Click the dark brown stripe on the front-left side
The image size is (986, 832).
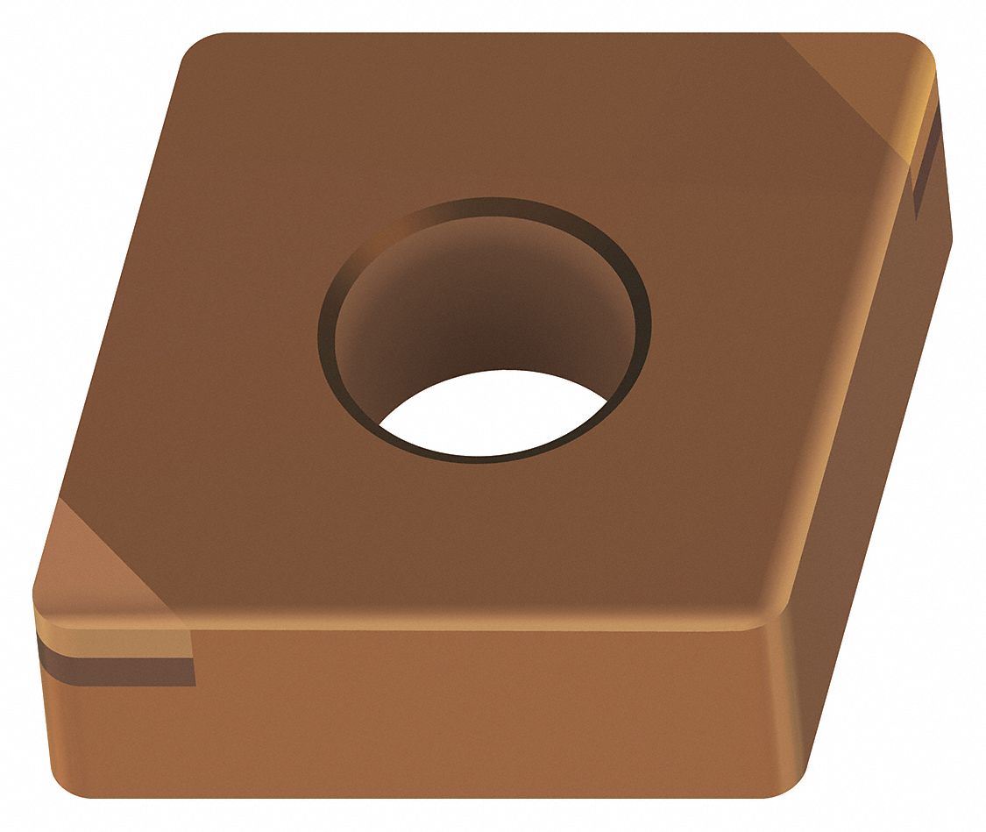click(x=114, y=671)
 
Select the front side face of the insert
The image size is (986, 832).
click(x=438, y=710)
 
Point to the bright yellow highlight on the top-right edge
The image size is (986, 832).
click(x=920, y=123)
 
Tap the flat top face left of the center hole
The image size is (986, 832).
click(x=219, y=351)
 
